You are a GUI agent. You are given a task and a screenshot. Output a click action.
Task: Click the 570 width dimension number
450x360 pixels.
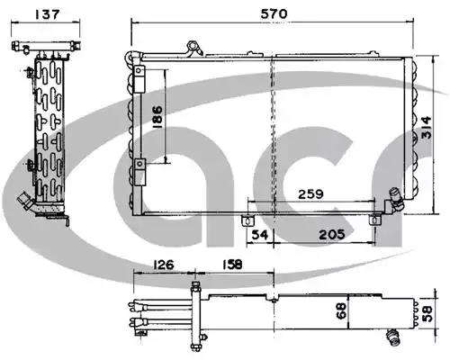coord(274,13)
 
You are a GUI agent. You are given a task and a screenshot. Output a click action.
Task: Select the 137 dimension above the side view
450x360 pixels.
coord(48,14)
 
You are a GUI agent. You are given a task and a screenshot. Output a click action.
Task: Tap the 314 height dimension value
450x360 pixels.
coord(427,128)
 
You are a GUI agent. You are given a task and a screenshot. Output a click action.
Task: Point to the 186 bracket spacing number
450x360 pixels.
coord(157,117)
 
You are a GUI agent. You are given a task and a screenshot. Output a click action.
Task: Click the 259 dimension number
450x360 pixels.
coord(310,194)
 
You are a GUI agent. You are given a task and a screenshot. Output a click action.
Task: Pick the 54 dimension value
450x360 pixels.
coord(260,234)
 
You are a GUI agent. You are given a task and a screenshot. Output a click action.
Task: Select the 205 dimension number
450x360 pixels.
coord(332,234)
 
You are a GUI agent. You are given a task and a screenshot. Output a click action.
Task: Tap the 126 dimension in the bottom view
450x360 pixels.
coord(164,265)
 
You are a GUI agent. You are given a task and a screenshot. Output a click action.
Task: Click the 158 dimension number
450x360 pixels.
coord(232,265)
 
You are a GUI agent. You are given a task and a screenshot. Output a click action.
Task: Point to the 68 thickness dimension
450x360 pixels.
coord(342,310)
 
